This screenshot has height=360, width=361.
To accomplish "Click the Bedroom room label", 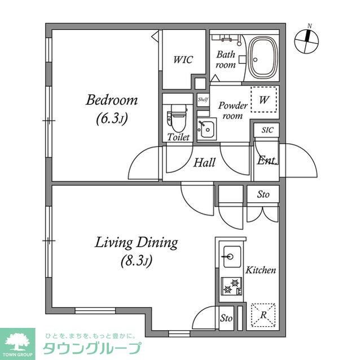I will (x=112, y=100).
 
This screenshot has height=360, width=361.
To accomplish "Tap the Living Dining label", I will (x=136, y=243).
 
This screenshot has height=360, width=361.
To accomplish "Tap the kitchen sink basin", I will (x=231, y=257).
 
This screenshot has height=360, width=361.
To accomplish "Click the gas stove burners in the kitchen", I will (x=231, y=287).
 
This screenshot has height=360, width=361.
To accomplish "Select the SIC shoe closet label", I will (x=267, y=130).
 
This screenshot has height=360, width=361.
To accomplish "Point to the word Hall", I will (x=205, y=163).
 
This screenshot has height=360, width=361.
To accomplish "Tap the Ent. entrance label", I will (x=267, y=161).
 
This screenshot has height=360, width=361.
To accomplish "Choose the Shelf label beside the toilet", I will (x=202, y=99).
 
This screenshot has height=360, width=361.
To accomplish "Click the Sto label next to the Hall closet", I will (x=263, y=194).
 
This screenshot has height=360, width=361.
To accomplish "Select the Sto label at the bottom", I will (x=226, y=318).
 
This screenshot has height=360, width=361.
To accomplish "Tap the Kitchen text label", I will (x=261, y=270).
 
